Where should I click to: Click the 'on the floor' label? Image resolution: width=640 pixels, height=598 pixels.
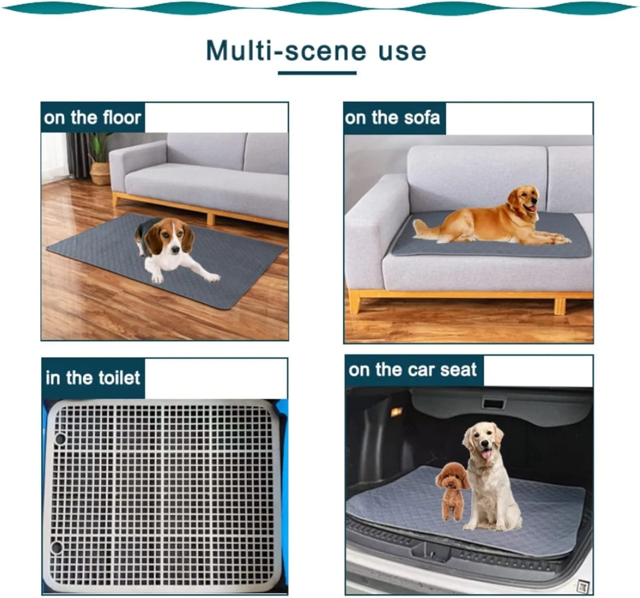(x=93, y=118)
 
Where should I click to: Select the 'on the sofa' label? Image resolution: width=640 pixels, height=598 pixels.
(x=392, y=118)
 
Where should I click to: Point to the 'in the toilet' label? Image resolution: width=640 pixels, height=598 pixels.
(x=93, y=378)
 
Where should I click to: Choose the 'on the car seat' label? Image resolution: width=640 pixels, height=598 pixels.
(x=412, y=370)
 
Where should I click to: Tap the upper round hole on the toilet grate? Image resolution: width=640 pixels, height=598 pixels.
(x=60, y=439)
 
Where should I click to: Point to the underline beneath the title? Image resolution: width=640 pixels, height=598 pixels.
(x=317, y=73)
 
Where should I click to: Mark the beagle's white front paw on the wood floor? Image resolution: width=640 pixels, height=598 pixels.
(x=157, y=277)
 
